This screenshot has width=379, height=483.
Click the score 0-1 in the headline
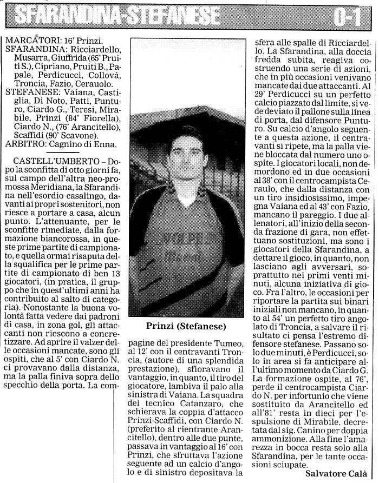(347, 17)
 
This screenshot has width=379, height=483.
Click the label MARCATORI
(27, 41)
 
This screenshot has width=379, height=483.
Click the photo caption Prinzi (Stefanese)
(186, 326)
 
